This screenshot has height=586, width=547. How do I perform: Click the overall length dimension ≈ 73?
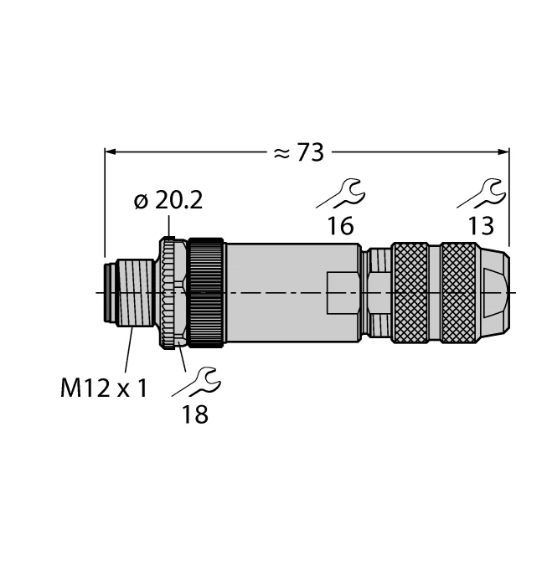coord(299,152)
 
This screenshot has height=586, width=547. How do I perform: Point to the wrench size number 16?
coord(341,225)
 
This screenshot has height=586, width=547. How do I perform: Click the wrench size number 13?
coord(481,225)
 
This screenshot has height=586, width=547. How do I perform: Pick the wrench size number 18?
coord(195,414)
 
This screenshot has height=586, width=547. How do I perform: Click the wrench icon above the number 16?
coord(340,195)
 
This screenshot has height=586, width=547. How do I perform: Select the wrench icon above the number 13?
coord(480,195)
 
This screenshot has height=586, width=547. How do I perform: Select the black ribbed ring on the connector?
coord(206,292)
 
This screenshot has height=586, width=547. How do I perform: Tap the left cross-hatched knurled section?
coord(410,292)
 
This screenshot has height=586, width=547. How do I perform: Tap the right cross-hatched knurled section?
coord(459,292)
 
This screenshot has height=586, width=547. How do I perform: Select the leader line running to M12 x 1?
coord(129,352)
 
